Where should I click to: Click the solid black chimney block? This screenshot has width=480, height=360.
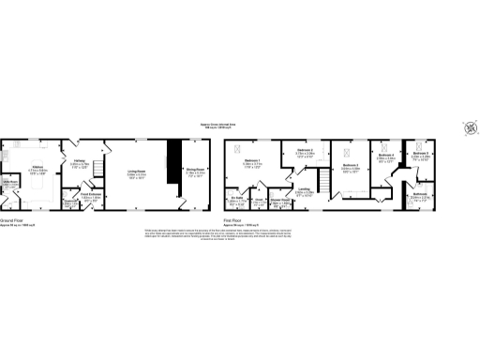click(172, 159)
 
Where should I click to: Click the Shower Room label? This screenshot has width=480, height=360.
click(278, 199)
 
